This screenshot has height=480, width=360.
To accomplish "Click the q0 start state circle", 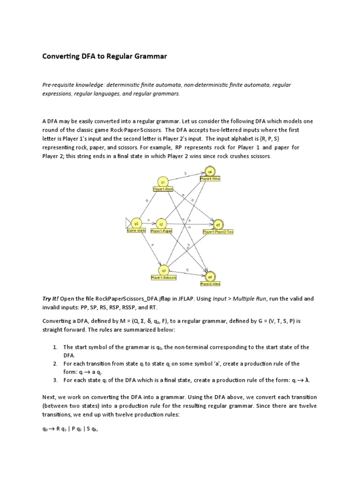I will coord(136,223).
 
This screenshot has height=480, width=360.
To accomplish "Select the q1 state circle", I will coord(163,181).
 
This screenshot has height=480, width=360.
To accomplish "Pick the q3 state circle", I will coord(164,270).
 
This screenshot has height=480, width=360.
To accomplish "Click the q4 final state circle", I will coord(210,172).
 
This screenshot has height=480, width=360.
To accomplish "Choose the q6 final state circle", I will coord(210,277).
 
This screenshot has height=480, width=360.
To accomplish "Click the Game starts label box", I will coord(136,231).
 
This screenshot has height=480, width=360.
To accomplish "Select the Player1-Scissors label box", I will coord(164,277).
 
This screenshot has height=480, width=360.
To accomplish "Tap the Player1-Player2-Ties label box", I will coord(218,232).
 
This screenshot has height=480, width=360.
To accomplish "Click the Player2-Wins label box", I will coord(210,284).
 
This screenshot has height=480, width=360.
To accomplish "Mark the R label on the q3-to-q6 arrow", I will coord(187,270).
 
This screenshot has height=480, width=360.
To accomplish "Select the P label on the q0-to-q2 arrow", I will coord(149,220).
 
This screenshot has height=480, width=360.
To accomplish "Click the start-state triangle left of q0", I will coord(128,223).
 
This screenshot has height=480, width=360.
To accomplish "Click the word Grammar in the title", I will coord(150,56).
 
